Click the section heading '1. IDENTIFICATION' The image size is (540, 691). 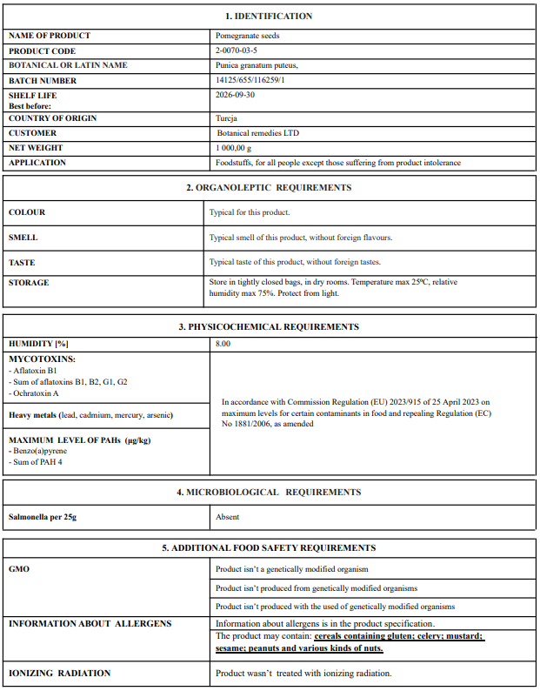[269, 17]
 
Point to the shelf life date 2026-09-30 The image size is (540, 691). [235, 96]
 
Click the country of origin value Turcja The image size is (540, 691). [226, 118]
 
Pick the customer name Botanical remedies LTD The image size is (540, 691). [262, 133]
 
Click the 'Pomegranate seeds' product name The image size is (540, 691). [246, 37]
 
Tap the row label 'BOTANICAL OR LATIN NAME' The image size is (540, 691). [68, 66]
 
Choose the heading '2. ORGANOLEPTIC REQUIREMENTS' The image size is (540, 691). [269, 188]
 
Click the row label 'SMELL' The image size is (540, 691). [23, 238]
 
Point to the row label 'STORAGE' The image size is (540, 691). [29, 283]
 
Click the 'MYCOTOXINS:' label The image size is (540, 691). [42, 359]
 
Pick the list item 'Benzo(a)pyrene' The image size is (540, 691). [40, 451]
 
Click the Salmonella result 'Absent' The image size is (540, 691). [228, 517]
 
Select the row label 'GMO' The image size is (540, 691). [19, 568]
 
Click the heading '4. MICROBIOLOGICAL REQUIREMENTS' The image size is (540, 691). [269, 493]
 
